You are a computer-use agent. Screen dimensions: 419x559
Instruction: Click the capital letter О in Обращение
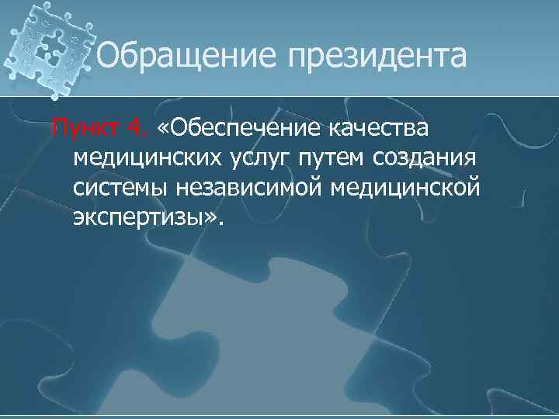109,55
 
